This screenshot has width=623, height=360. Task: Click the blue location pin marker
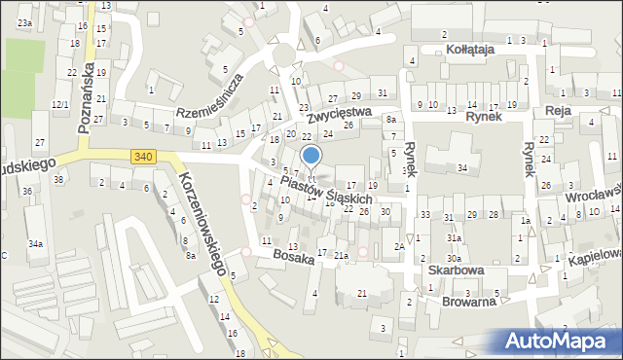coord(311,156)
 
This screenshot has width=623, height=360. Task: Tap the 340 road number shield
coord(142,156)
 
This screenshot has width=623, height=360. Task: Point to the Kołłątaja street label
coord(471,48)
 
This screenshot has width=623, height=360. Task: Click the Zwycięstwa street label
coord(341,113)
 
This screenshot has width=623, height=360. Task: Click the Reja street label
coord(558,112)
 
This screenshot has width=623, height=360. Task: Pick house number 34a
coord(35,243)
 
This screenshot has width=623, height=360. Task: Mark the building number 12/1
coord(60,103)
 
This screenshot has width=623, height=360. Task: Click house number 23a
coord(23,21)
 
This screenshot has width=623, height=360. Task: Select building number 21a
coord(341,256)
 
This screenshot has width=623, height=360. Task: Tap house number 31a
coord(454,237)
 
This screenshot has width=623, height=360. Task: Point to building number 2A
coord(399,247)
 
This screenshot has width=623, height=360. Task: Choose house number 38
coord(58,179)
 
